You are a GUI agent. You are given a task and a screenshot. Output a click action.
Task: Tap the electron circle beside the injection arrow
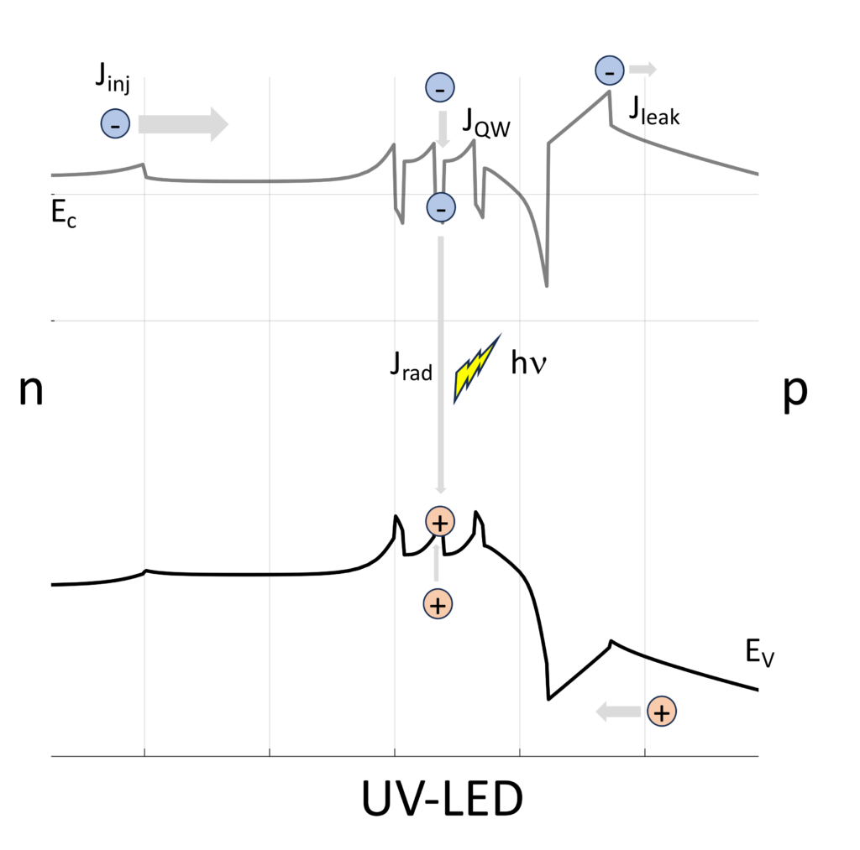coord(114,124)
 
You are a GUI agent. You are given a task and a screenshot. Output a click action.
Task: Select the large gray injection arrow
coord(182,124)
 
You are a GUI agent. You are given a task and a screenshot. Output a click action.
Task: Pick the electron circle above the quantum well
coord(440,87)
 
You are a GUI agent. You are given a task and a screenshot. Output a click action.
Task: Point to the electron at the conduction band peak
coord(609,71)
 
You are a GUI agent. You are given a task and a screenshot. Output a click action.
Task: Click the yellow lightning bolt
coord(476,367)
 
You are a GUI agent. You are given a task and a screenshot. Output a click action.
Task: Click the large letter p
coord(794,394)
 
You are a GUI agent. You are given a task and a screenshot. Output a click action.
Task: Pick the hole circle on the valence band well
coord(439,522)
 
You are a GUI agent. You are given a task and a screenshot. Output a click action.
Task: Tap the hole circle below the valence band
coord(438,603)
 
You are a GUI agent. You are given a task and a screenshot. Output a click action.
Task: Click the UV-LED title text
coord(442,800)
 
